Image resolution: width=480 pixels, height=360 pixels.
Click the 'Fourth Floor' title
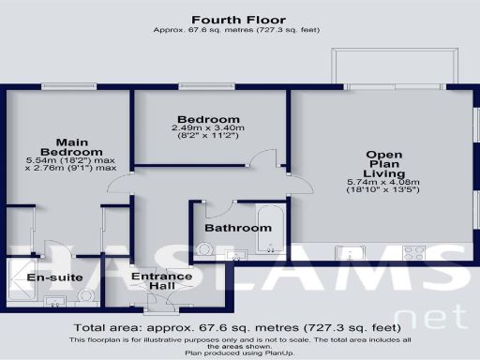(238, 19)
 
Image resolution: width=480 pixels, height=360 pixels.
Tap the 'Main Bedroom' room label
(65, 146)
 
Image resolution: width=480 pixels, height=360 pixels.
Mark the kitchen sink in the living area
(355, 251)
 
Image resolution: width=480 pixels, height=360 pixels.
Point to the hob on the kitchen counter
(413, 251)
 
